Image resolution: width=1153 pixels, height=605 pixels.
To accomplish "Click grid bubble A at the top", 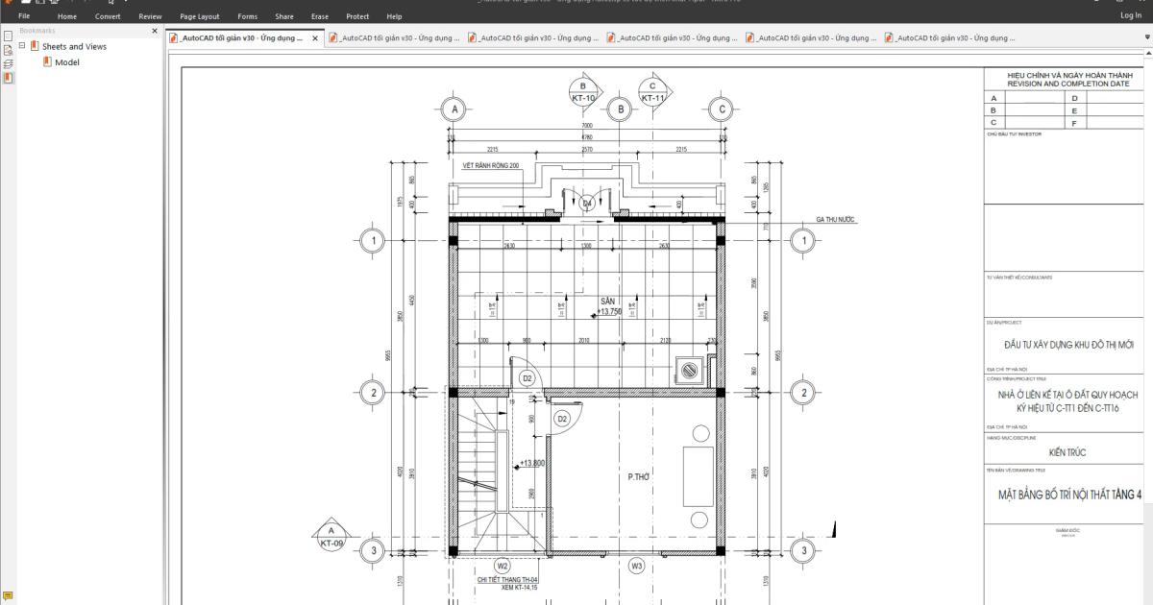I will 454,109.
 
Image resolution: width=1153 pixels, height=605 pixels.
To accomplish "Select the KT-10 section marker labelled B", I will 583,92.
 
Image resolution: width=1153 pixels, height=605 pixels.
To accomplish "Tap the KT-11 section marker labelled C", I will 653,92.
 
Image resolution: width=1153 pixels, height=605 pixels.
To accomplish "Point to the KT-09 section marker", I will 331,536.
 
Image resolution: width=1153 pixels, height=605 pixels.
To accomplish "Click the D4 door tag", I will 587,204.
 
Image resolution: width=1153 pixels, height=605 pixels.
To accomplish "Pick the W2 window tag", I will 502,566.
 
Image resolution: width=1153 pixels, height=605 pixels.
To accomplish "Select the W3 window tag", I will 636,566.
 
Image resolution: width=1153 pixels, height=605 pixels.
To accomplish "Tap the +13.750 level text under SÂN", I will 609,312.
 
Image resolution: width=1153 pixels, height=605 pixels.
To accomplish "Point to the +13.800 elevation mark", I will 530,464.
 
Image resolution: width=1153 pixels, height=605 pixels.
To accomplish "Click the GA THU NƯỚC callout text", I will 835,219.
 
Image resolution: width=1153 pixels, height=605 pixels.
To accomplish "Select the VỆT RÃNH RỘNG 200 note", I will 490,165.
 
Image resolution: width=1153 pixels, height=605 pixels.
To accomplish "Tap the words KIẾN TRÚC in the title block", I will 1067,451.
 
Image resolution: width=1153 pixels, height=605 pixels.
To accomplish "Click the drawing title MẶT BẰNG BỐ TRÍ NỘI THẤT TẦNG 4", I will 1067,495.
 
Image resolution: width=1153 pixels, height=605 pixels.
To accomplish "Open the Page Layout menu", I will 200,16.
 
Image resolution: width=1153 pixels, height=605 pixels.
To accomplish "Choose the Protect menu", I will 357,16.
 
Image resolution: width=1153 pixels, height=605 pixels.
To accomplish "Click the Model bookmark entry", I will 66,62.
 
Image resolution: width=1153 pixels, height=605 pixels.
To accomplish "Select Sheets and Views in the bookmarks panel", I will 74,46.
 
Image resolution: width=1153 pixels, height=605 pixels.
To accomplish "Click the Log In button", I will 1130,16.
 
